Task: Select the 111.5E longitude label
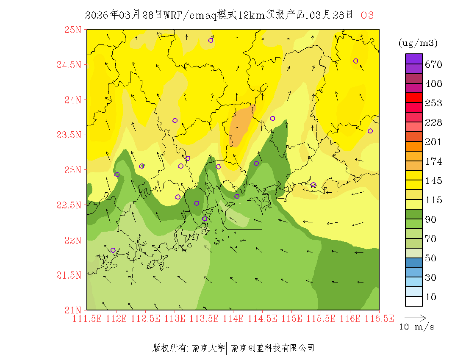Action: click(x=87, y=318)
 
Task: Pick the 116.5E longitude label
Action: click(x=379, y=318)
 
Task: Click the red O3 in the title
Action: click(x=367, y=15)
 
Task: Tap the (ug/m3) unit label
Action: click(x=418, y=43)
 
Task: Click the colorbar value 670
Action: click(x=433, y=64)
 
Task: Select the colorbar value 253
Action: click(x=433, y=103)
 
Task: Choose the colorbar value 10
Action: click(x=430, y=297)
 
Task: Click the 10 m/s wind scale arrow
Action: click(x=415, y=317)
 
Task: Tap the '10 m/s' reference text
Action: click(x=417, y=327)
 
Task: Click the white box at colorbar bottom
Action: click(x=414, y=301)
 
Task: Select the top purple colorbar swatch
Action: click(x=414, y=59)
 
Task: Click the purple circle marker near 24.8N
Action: click(x=211, y=41)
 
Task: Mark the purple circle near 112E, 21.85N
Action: click(x=113, y=250)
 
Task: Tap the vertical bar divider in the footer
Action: click(x=227, y=348)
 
